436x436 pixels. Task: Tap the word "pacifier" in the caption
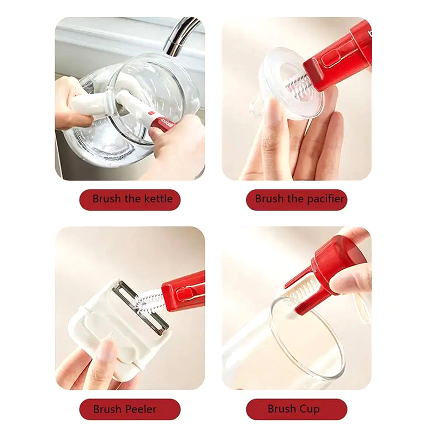pyautogui.click(x=325, y=199)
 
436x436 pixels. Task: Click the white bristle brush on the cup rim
pyautogui.click(x=299, y=295)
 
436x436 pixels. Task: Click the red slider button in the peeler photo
pyautogui.click(x=184, y=293)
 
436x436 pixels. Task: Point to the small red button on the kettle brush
pyautogui.click(x=152, y=113)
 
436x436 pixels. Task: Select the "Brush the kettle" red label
pyautogui.click(x=130, y=199)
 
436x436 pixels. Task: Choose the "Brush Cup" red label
pyautogui.click(x=296, y=409)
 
